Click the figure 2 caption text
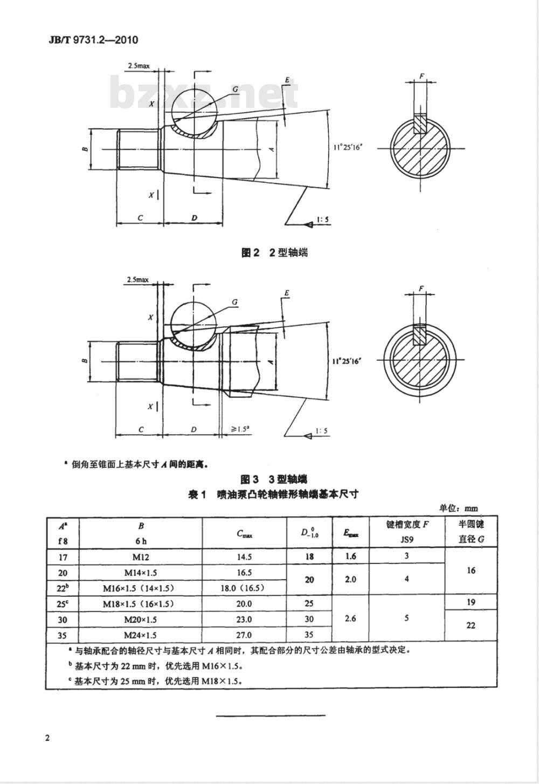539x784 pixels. tap(274, 252)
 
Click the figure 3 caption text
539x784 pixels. tap(274, 479)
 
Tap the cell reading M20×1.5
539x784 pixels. tap(141, 620)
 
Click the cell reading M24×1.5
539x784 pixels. tap(141, 635)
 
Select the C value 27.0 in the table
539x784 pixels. tap(244, 635)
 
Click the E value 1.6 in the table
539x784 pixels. tap(350, 556)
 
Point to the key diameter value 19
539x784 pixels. tap(471, 602)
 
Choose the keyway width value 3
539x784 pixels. tap(406, 555)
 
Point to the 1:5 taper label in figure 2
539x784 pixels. tap(323, 219)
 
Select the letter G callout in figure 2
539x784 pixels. tap(236, 88)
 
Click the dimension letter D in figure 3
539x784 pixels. tap(194, 430)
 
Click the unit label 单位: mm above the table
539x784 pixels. tap(458, 508)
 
